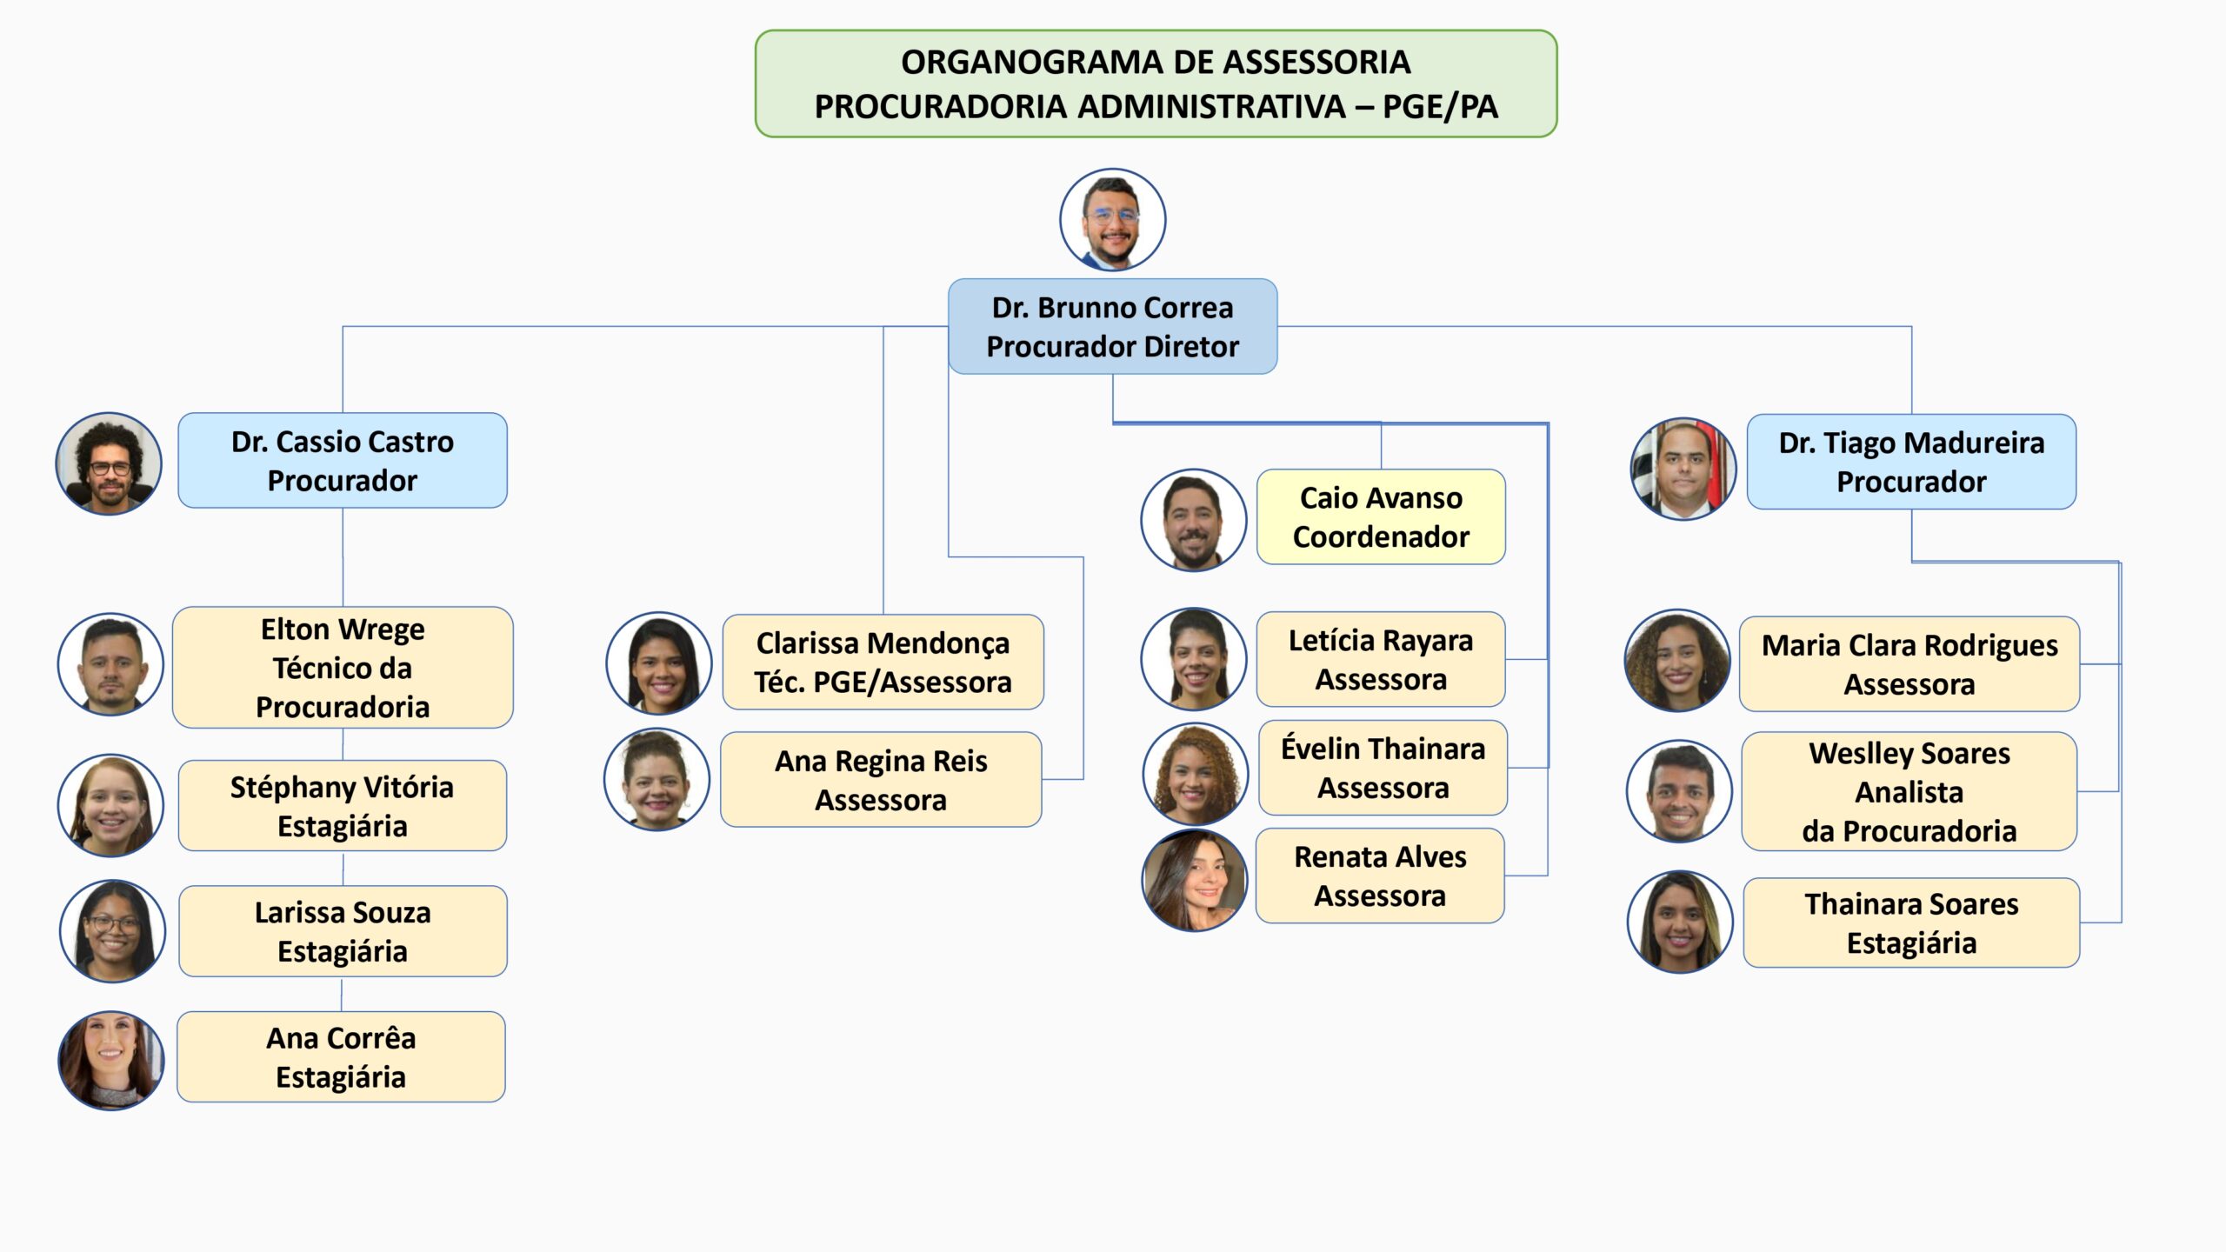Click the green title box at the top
point(1156,83)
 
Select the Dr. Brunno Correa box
point(1112,326)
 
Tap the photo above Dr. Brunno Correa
point(1112,219)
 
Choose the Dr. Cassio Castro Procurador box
point(343,460)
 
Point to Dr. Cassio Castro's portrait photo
point(109,463)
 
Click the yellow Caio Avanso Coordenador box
point(1381,516)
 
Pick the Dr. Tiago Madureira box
point(1911,462)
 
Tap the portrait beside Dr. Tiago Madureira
point(1683,469)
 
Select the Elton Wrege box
point(343,667)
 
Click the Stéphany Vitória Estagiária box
point(343,805)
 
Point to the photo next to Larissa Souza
point(112,931)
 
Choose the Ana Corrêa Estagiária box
point(341,1056)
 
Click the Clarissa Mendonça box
point(883,662)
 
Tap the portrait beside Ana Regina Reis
point(657,779)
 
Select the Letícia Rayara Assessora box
point(1381,659)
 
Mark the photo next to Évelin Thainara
point(1196,774)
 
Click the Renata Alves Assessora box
point(1380,876)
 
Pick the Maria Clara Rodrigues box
point(1909,664)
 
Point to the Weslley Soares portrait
point(1680,791)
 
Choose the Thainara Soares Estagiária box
point(1911,922)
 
